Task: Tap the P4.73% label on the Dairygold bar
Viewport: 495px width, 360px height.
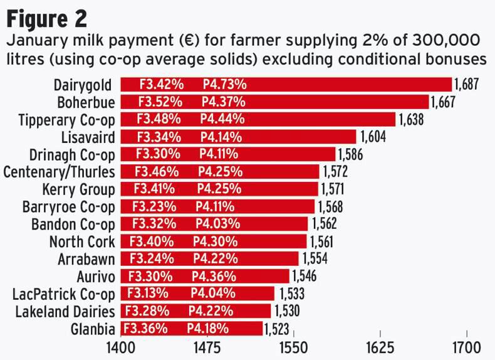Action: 224,85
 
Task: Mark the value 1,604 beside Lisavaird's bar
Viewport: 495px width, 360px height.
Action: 372,137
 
